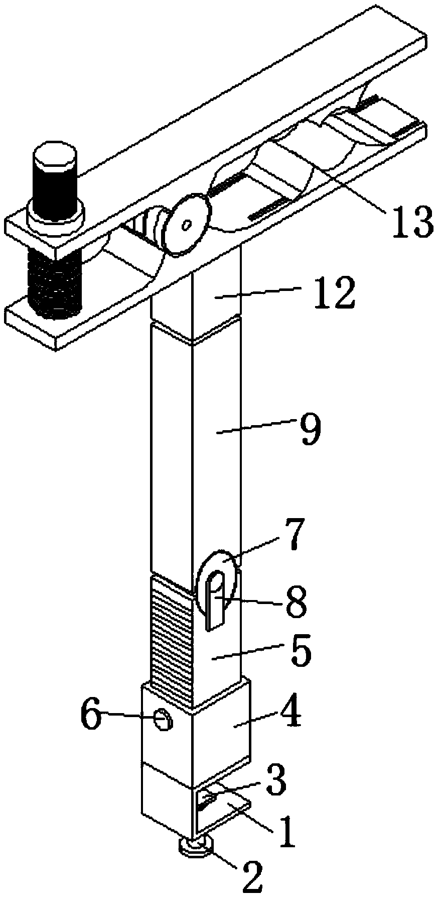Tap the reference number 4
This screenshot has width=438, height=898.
coord(287,715)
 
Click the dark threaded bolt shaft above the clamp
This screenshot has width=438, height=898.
coord(55,186)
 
